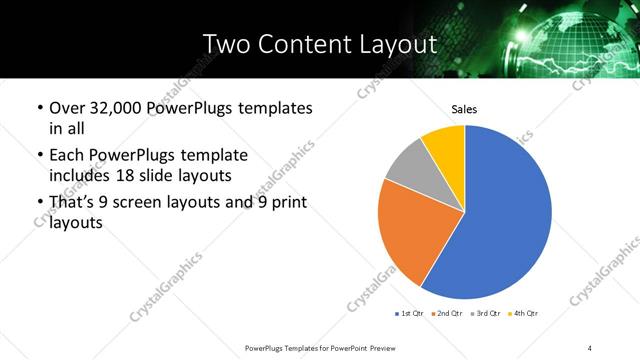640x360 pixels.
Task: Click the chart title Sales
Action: [464, 108]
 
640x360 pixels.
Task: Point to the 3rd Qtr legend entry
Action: [488, 314]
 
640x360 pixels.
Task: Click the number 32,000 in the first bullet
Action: [119, 107]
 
